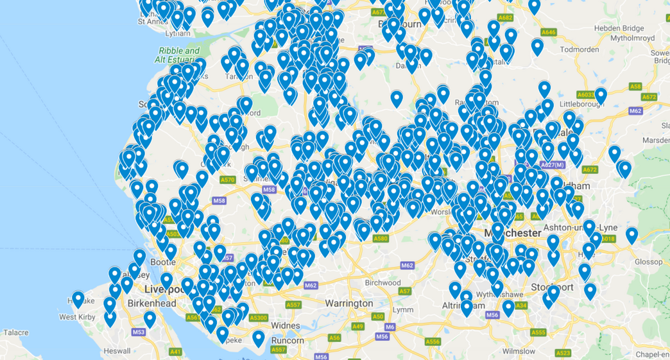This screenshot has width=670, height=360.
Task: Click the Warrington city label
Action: [348, 303]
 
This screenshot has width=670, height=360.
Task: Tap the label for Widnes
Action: [286, 325]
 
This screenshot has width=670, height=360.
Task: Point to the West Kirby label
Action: [77, 317]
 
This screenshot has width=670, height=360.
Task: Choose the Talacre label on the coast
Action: [15, 332]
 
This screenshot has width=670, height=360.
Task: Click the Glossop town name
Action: [648, 261]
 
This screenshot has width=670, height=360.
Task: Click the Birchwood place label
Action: [382, 283]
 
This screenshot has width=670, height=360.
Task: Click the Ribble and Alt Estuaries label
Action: [180, 55]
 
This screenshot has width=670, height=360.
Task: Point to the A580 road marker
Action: [381, 239]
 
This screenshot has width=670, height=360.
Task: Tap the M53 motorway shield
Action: [139, 332]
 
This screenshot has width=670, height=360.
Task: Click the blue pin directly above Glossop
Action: [631, 235]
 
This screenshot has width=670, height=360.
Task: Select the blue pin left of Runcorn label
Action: [258, 338]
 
